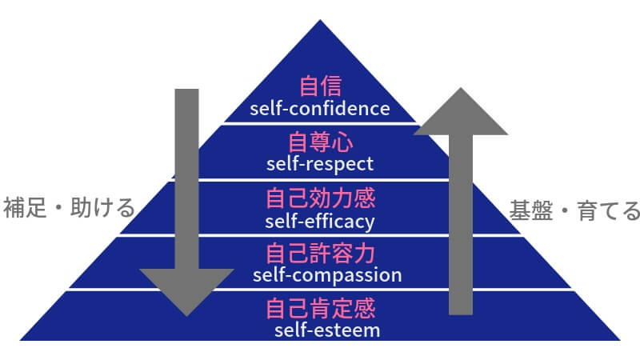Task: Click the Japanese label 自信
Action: point(319,86)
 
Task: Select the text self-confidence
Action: point(319,107)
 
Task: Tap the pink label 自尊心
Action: point(319,143)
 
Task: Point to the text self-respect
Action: point(319,164)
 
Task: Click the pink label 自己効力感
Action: point(319,198)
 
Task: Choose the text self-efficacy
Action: point(319,219)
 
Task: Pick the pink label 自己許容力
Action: point(319,254)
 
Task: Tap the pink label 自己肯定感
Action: point(319,308)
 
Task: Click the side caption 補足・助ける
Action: point(68,210)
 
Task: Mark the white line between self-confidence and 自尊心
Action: point(319,123)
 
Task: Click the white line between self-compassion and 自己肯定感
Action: point(319,290)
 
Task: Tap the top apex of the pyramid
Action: point(319,22)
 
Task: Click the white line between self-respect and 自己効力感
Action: point(319,180)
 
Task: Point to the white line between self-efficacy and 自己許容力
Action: point(319,235)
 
